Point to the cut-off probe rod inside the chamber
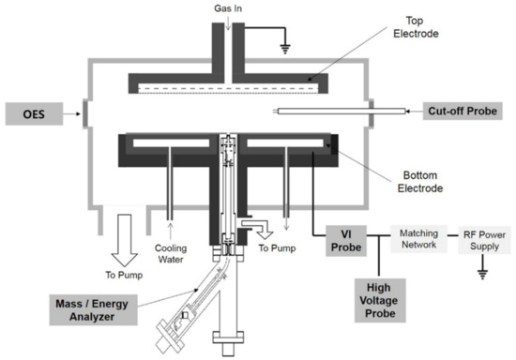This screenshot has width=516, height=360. coord(319,111)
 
